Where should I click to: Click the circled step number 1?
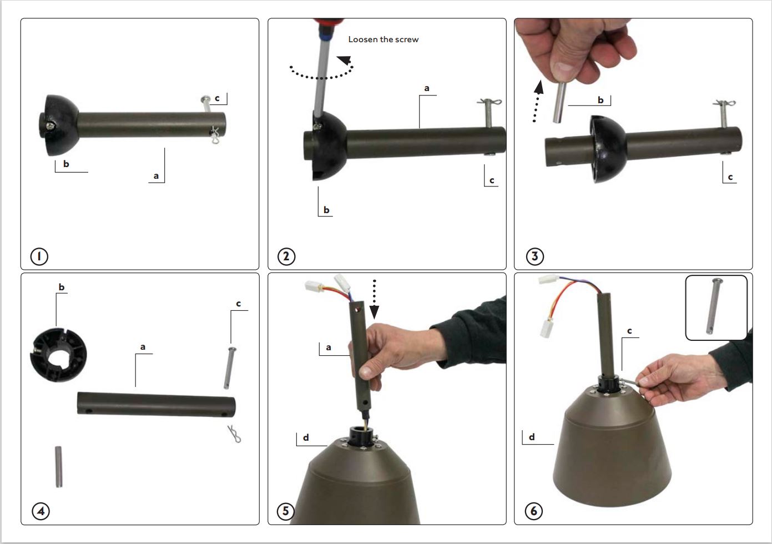coord(39,256)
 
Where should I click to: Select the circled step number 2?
coord(286,256)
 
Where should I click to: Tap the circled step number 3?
coord(534,256)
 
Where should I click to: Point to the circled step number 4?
coord(41,511)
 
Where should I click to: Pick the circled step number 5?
coord(286,511)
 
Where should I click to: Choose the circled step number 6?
coord(533,511)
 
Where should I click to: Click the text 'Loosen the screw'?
coord(383,39)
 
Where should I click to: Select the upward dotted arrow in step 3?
coord(537,100)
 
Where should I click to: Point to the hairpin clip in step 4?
coord(236,434)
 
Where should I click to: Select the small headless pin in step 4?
coord(58,467)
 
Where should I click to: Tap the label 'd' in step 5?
coord(306,438)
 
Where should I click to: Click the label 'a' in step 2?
coord(426,88)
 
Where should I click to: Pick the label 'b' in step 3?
coord(601,100)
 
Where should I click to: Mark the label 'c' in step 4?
coord(238,304)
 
